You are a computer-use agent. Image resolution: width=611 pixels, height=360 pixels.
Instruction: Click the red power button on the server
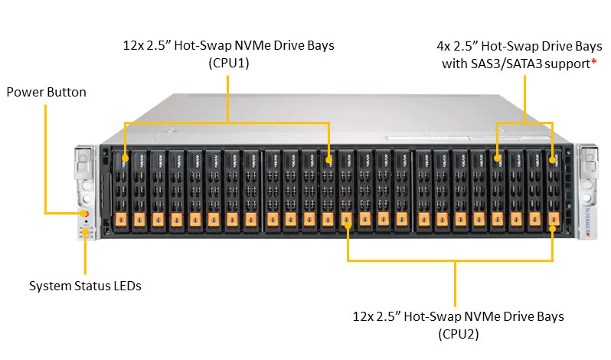86,214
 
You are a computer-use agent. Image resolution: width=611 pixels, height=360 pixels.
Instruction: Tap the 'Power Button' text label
47,93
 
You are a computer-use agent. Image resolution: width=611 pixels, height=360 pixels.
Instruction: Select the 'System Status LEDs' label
85,286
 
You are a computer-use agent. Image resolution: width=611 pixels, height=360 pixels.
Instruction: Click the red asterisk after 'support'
594,61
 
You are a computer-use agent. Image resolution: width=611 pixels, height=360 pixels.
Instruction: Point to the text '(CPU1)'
229,63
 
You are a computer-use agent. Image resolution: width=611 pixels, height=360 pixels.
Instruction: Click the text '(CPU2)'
458,334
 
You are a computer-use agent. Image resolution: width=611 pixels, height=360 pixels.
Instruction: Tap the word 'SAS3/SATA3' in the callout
506,64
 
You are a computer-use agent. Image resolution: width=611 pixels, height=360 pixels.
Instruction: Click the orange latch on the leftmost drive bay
121,220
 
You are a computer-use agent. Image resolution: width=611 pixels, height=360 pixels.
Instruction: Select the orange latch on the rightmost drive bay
554,219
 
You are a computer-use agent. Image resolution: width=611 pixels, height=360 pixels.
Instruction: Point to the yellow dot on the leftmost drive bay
125,159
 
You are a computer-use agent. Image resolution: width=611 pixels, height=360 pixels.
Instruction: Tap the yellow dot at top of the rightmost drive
553,160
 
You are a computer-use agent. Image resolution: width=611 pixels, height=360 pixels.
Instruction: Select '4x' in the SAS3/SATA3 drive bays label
443,47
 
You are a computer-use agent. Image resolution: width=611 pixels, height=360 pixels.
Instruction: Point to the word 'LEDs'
127,286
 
